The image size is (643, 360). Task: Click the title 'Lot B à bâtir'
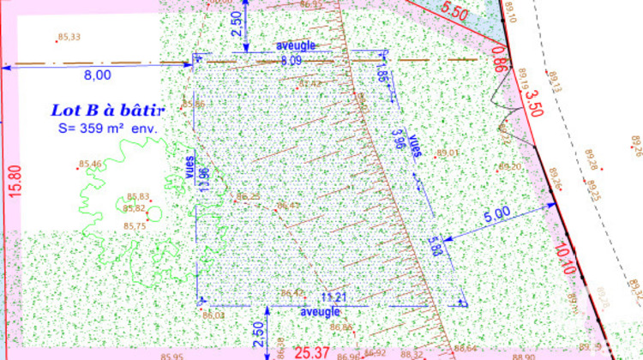pos(108,110)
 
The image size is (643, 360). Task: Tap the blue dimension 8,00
pos(97,75)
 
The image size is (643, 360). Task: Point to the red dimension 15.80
pos(14,182)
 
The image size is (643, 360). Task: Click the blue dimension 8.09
pos(291,61)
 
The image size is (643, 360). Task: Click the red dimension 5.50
pos(454,14)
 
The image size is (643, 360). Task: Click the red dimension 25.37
pos(312,351)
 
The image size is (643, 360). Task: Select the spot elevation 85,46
pos(90,164)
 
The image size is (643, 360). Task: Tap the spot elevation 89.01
pos(448,153)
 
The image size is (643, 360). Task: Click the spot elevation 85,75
pos(135,225)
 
